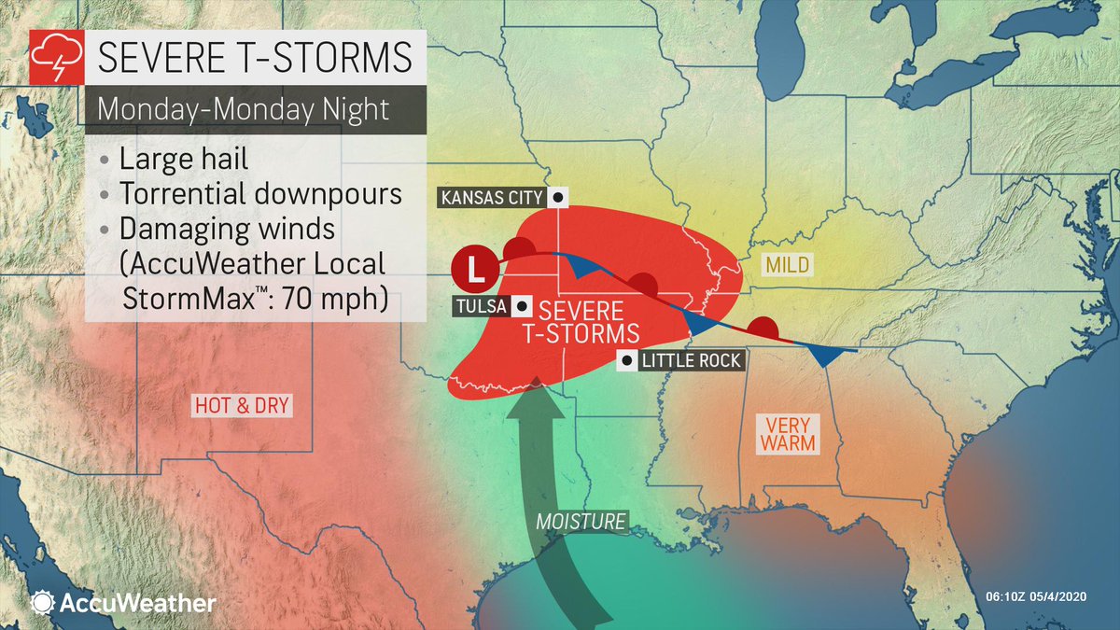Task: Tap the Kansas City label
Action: click(x=492, y=197)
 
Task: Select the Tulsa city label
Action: click(x=481, y=306)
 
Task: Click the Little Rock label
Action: click(x=692, y=360)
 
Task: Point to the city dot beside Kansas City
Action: click(x=557, y=197)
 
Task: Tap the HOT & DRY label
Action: click(x=242, y=405)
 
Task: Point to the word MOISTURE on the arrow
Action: click(x=581, y=521)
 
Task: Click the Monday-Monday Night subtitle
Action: click(x=243, y=110)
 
